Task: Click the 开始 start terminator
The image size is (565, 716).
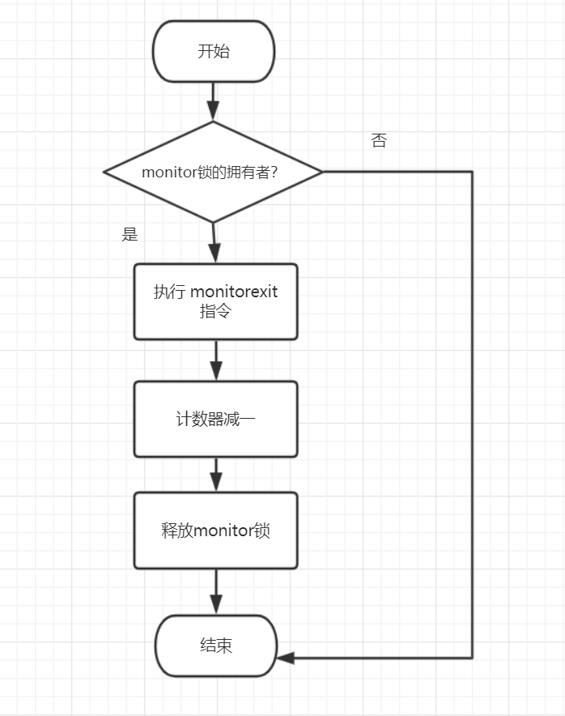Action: [214, 52]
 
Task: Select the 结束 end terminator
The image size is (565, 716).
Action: [216, 646]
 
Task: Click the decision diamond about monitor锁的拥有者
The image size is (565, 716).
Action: [214, 172]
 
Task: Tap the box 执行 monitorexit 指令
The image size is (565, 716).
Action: [215, 301]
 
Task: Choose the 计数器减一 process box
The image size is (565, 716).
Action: [215, 419]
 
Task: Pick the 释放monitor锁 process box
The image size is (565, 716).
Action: [215, 531]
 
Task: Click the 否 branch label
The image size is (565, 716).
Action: [379, 141]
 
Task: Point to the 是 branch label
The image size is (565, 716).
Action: [130, 235]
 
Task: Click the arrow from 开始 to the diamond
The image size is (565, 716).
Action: [214, 101]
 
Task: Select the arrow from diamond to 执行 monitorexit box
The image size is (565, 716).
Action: [215, 242]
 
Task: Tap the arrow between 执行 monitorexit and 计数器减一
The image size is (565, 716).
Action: [215, 360]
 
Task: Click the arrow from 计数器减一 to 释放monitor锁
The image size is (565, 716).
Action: [215, 475]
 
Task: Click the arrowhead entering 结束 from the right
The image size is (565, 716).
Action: [286, 658]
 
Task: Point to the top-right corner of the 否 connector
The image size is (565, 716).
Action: [471, 172]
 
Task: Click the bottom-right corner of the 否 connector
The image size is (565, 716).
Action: [471, 658]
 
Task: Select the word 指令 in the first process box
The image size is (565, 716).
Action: [215, 311]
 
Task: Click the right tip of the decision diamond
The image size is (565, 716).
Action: [321, 172]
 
